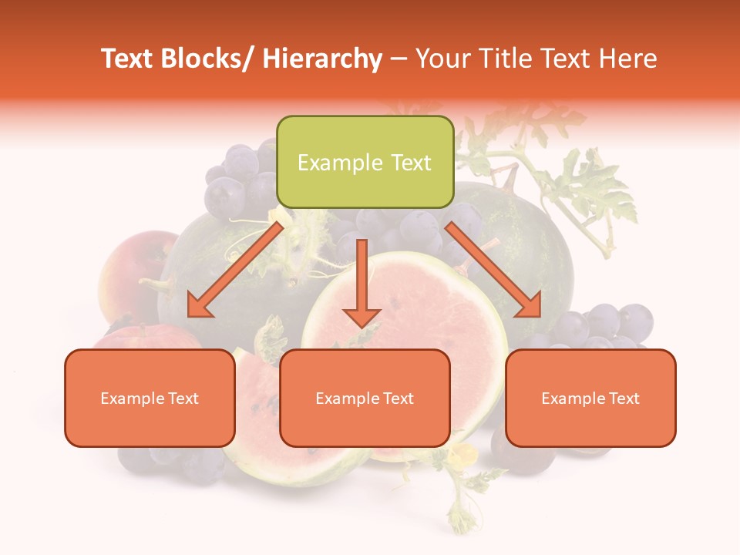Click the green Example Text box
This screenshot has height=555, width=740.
coord(365,162)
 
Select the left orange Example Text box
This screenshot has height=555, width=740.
coord(150,398)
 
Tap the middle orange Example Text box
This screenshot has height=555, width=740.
coord(365,398)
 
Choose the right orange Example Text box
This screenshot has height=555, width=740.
coord(590,398)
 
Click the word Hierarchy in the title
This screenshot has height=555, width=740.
coord(321,59)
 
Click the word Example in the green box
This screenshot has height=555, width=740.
coord(340,163)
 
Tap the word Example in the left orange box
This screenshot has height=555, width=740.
coord(133,399)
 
